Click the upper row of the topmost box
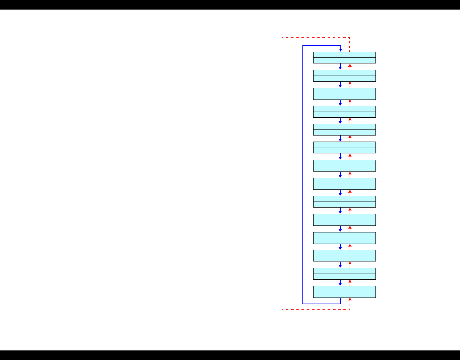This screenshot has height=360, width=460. click(345, 55)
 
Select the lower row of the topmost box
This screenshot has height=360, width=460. click(345, 61)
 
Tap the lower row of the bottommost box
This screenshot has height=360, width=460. click(345, 295)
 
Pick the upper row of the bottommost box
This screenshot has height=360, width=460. click(345, 289)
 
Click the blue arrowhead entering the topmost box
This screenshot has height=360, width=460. click(341, 50)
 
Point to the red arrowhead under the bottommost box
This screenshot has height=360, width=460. click(350, 300)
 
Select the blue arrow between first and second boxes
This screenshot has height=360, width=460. click(340, 67)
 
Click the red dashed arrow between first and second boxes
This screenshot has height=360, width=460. click(350, 66)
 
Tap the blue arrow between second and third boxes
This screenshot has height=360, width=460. click(340, 85)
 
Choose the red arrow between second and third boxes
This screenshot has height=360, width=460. click(350, 84)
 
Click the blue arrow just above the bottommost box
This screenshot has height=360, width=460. click(340, 283)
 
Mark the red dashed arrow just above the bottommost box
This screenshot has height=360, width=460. click(350, 283)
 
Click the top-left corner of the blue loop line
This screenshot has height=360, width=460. click(303, 46)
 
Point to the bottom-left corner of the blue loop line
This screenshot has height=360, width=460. click(303, 304)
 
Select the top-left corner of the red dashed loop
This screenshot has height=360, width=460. click(282, 38)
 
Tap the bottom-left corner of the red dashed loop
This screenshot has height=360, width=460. click(282, 309)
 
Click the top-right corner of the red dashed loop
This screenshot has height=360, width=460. click(350, 38)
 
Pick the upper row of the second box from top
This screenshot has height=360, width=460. click(345, 73)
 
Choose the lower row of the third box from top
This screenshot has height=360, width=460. click(345, 97)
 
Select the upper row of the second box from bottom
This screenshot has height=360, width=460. click(345, 271)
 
